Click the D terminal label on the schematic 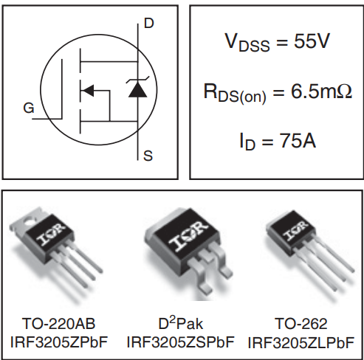click(149, 24)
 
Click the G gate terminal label click(28, 108)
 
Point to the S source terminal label click(148, 156)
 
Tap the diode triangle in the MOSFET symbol click(137, 89)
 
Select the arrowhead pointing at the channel click(86, 91)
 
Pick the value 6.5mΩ click(319, 91)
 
